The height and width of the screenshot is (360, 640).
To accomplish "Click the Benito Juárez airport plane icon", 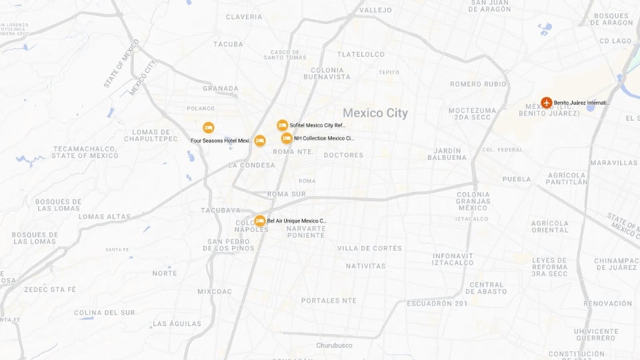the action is (x=547, y=103).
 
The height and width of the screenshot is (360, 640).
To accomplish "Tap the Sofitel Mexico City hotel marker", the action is (x=283, y=125).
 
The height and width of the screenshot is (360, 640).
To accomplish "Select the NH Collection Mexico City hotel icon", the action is (x=287, y=138).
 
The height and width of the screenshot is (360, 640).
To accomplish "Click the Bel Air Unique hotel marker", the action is (x=260, y=221).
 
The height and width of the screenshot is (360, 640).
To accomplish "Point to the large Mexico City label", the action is (x=375, y=113).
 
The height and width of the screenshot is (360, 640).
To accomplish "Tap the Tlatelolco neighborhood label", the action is (x=361, y=54).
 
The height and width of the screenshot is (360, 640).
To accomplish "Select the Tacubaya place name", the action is (x=220, y=210).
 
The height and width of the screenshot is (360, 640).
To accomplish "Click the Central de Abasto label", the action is (x=487, y=288).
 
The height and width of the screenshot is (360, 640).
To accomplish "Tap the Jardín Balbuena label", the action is (x=447, y=154).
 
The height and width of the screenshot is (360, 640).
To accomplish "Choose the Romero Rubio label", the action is (x=478, y=84).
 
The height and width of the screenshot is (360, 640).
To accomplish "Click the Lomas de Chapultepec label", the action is (x=155, y=135).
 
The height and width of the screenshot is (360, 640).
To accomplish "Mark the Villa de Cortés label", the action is (x=369, y=248).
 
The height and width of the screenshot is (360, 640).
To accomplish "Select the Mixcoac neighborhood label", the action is (x=215, y=291).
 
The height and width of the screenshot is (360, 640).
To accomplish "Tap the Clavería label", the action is (x=244, y=17).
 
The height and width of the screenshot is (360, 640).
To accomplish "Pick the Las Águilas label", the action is (x=177, y=324).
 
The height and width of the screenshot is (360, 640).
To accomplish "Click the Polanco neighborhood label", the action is (x=201, y=108).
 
